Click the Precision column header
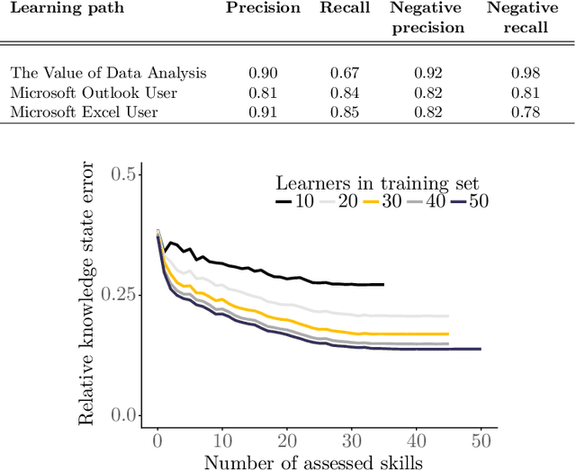pos(263,9)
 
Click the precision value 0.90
pos(263,74)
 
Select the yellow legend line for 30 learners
pos(372,202)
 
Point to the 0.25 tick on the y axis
pos(121,295)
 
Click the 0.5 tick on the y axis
pos(128,174)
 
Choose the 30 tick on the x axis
pos(352,442)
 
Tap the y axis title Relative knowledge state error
pos(88,294)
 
